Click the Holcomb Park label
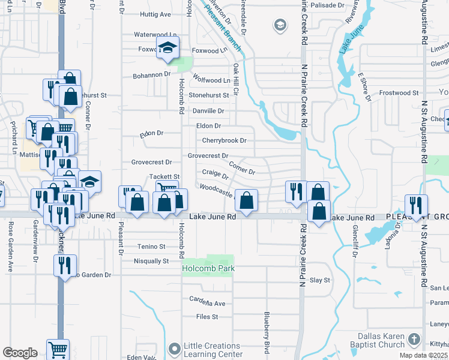click(x=208, y=268)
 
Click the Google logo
click(x=20, y=353)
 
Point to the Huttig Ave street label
click(x=155, y=14)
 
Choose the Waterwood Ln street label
click(x=155, y=35)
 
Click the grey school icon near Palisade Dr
click(x=280, y=25)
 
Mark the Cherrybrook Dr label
click(x=224, y=140)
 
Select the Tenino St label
click(x=150, y=247)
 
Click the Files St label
click(x=206, y=317)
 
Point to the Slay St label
click(x=320, y=280)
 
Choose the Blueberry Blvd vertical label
click(x=266, y=332)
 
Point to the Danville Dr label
click(x=208, y=111)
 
